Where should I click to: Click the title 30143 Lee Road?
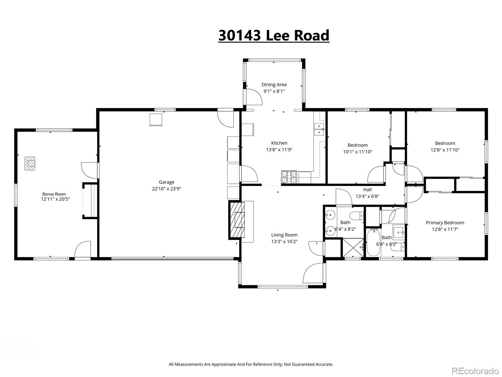(x=274, y=35)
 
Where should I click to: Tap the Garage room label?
(x=166, y=182)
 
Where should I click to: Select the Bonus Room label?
(x=54, y=194)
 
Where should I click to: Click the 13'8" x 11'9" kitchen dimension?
(x=279, y=150)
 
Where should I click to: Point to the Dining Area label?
(x=274, y=85)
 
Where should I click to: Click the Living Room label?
(x=284, y=235)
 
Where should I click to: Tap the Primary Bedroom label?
(x=445, y=222)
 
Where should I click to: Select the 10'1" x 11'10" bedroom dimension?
(x=358, y=152)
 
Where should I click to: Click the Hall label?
(x=367, y=189)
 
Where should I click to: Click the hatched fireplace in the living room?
(x=237, y=219)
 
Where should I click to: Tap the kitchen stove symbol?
(x=289, y=177)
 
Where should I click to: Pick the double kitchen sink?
(x=319, y=129)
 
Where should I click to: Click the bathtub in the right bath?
(x=373, y=243)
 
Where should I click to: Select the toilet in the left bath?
(x=356, y=216)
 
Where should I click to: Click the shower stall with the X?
(x=353, y=248)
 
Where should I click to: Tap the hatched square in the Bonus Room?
(x=30, y=163)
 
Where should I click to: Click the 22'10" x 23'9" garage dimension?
(x=166, y=189)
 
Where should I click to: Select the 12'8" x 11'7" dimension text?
(x=445, y=229)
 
